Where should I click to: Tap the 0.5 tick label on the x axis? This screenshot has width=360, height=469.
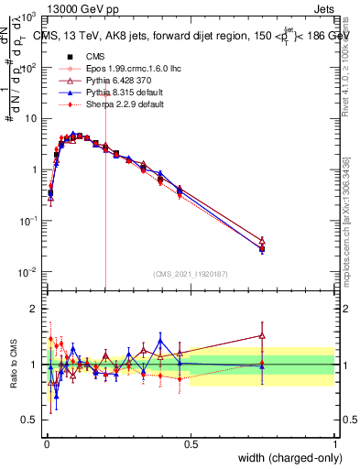[x=191, y=443]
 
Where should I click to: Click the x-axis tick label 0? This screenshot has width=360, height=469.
[x=47, y=443]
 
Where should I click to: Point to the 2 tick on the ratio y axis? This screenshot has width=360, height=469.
[x=33, y=309]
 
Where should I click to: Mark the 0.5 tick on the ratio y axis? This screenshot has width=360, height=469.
[x=29, y=420]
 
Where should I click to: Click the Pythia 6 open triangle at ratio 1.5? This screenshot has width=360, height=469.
[x=263, y=335]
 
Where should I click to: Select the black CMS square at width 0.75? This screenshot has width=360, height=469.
[x=263, y=248]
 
